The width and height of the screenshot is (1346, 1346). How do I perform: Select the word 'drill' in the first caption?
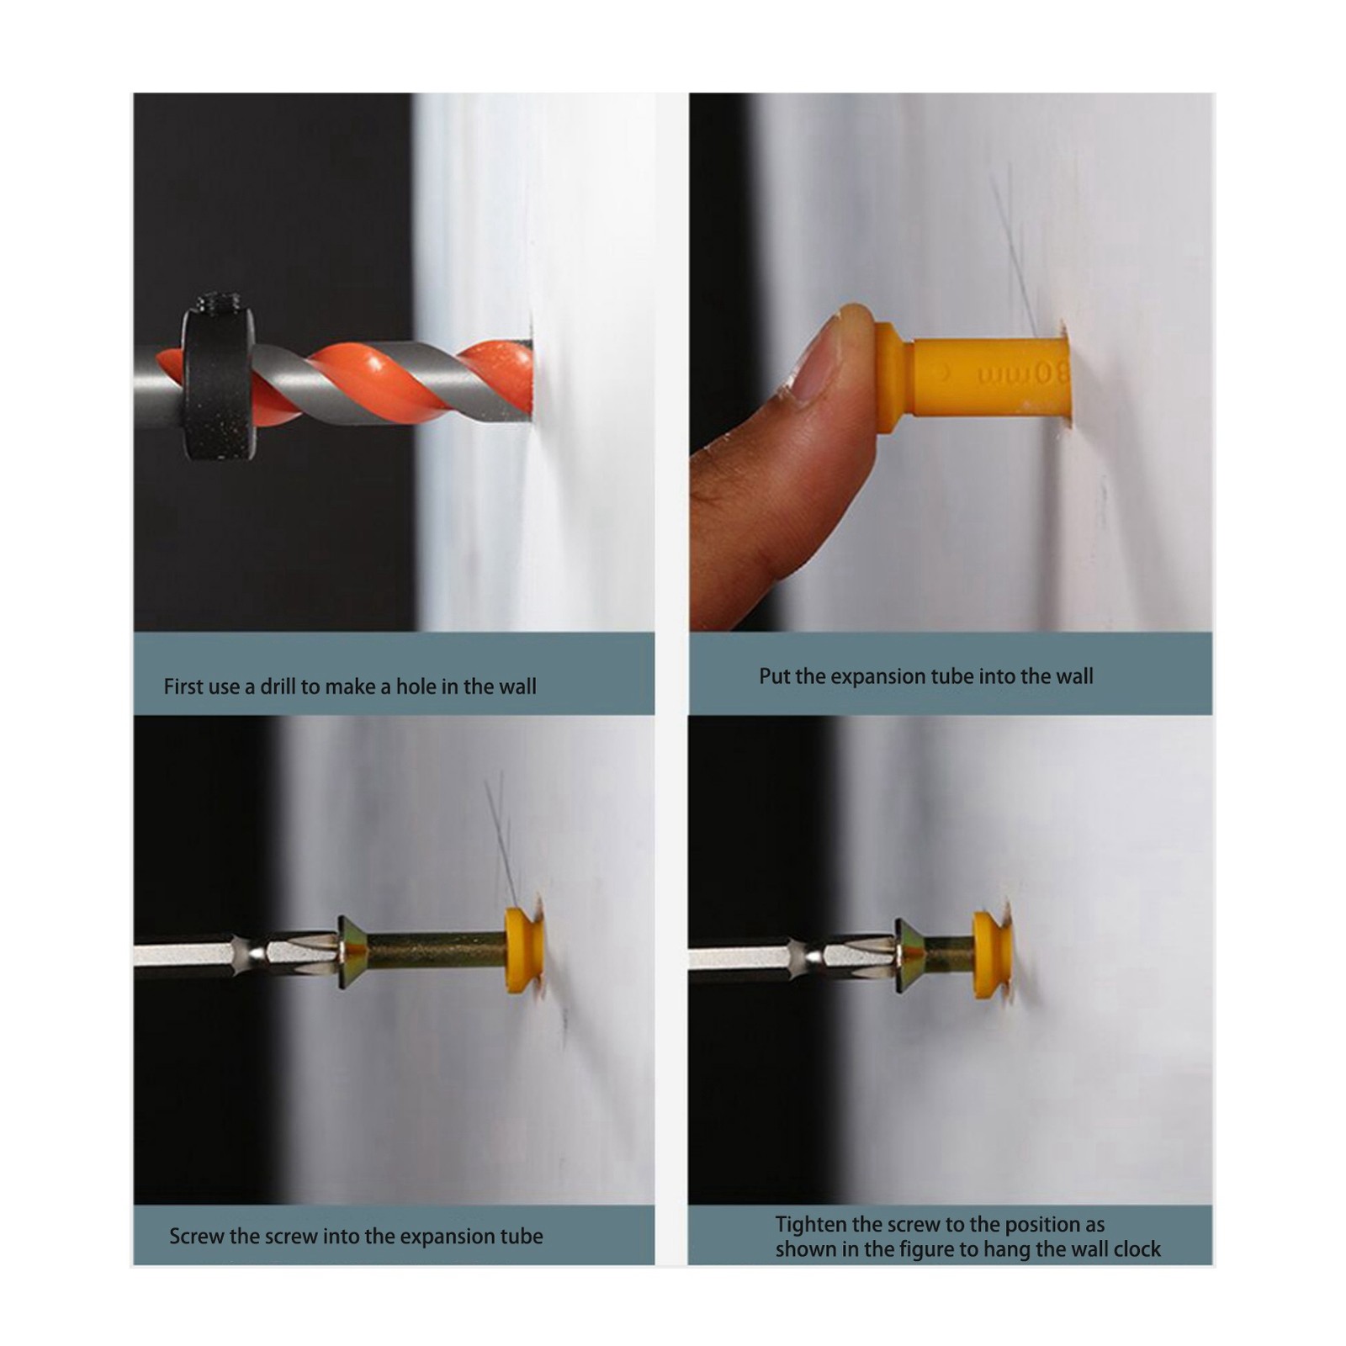coord(278,686)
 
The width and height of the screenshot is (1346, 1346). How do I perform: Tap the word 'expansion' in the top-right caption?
coord(890,676)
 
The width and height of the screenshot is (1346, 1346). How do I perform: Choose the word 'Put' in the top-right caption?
coord(773,676)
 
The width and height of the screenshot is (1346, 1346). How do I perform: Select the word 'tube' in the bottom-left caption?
coord(522,1237)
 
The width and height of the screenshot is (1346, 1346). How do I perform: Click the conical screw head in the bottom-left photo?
coord(352,953)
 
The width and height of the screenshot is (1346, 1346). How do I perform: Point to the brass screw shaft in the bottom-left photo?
coord(437,952)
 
